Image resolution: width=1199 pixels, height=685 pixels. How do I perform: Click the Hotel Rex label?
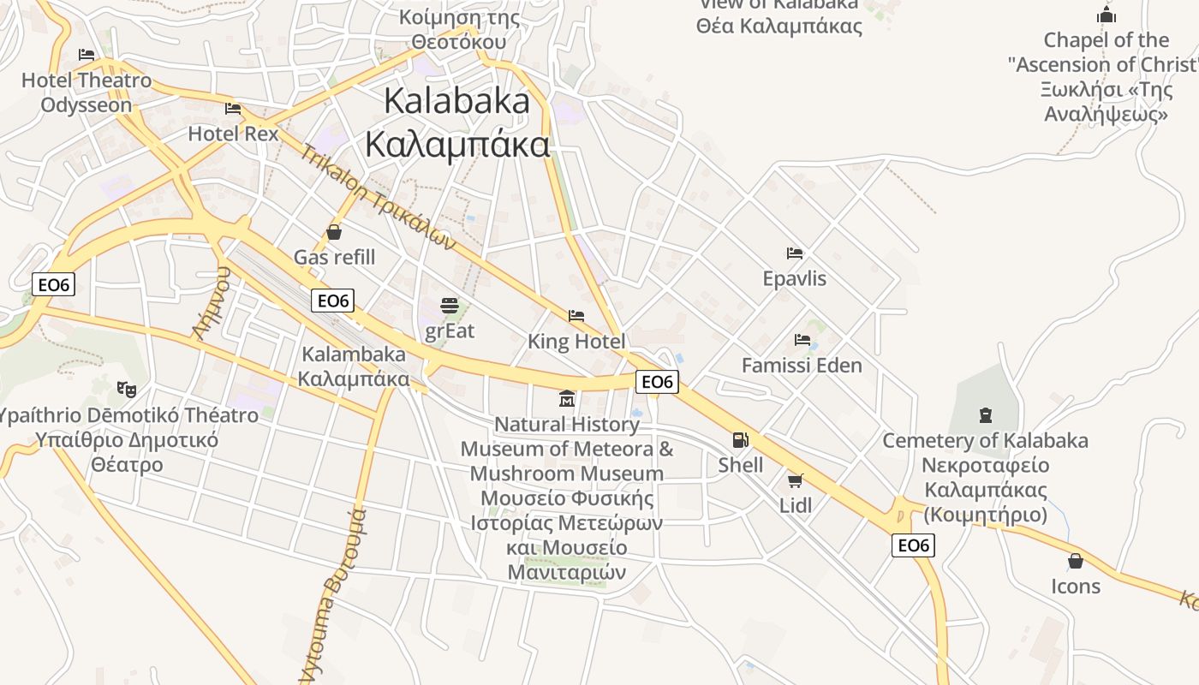[x=233, y=134]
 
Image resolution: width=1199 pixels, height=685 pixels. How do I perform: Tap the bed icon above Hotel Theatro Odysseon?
[x=86, y=55]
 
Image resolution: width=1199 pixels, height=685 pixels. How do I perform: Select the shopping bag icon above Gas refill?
[x=334, y=232]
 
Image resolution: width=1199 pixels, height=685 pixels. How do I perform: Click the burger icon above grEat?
[x=450, y=306]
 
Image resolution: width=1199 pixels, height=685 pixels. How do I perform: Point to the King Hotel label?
[x=576, y=342]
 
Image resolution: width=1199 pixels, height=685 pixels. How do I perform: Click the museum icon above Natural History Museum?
[x=567, y=399]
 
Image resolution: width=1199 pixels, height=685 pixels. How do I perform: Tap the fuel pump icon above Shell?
[x=740, y=440]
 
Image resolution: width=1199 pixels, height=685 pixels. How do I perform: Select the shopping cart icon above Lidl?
[x=796, y=480]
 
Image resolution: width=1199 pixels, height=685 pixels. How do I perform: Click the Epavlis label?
[x=795, y=278]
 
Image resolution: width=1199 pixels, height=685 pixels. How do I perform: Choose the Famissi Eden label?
[x=802, y=366]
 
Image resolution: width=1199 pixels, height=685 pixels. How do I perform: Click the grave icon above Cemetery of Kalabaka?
[x=985, y=415]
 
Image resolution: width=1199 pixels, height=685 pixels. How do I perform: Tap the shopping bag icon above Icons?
[x=1076, y=561]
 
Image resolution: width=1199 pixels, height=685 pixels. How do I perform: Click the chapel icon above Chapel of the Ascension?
[x=1107, y=15]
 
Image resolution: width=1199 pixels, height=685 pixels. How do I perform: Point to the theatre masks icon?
[x=127, y=390]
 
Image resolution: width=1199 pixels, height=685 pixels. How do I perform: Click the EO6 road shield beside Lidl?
[x=913, y=545]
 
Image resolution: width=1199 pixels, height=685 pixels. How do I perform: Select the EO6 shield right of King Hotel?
[x=657, y=382]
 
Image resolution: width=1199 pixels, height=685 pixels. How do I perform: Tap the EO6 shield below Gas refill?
[x=332, y=301]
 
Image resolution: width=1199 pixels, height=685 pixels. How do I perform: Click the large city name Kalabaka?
[x=457, y=101]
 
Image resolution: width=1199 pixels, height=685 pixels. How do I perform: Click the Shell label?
[x=741, y=465]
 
